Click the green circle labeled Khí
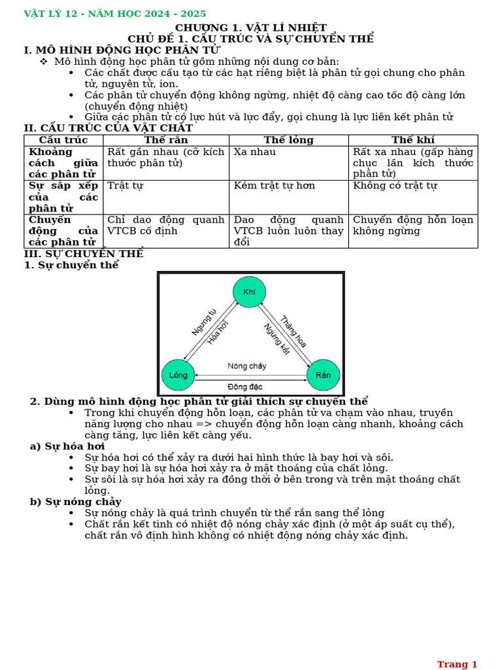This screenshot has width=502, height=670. [x=249, y=292]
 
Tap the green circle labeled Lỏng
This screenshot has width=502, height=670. [x=178, y=375]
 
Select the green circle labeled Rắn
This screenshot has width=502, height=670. [x=323, y=375]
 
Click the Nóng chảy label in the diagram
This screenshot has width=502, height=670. [x=247, y=366]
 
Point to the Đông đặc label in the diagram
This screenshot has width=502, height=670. [x=245, y=387]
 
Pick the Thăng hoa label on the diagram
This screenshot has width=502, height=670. [x=293, y=332]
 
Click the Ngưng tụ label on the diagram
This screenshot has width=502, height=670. [x=204, y=322]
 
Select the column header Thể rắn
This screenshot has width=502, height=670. [x=166, y=140]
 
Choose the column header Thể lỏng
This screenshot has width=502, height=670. [x=288, y=140]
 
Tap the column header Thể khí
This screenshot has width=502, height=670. [x=412, y=140]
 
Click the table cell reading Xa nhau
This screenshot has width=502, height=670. [x=255, y=152]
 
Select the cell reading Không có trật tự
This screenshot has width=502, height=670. [x=395, y=186]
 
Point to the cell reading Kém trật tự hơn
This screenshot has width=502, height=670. [x=275, y=186]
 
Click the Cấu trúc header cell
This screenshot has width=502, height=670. [x=63, y=140]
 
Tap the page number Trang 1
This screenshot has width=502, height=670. [x=457, y=664]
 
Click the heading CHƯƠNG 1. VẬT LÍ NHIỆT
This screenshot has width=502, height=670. [x=250, y=27]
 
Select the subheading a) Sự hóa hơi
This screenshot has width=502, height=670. [x=68, y=446]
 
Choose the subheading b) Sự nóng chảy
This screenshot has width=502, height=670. [x=76, y=502]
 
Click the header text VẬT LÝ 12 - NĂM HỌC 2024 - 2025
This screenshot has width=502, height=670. [x=115, y=14]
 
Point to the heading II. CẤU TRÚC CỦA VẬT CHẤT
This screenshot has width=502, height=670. [x=109, y=128]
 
